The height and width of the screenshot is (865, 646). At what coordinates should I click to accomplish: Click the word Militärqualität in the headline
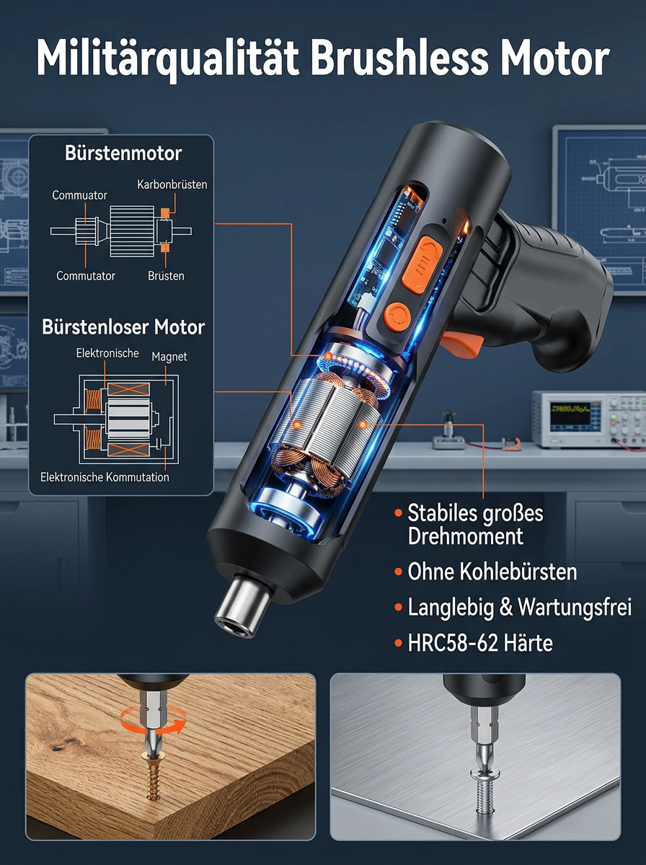click(x=167, y=58)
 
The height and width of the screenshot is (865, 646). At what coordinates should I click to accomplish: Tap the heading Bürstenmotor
click(x=123, y=154)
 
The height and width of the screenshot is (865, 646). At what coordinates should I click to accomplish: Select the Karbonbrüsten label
click(x=172, y=185)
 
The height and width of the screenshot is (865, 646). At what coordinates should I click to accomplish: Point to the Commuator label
click(x=79, y=195)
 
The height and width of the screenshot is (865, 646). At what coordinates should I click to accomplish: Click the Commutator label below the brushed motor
click(x=86, y=276)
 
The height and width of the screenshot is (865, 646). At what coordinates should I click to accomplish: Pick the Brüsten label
click(x=166, y=276)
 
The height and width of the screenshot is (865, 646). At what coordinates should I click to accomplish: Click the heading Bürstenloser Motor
click(x=123, y=327)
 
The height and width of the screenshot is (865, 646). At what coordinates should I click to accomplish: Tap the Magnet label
click(x=169, y=357)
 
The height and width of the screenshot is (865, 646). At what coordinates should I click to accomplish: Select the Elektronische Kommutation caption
click(x=105, y=477)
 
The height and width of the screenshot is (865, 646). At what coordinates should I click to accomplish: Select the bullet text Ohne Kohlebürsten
click(x=492, y=572)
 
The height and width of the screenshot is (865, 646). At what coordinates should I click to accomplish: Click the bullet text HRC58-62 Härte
click(x=479, y=643)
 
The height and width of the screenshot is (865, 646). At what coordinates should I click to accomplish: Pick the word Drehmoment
click(x=465, y=536)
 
